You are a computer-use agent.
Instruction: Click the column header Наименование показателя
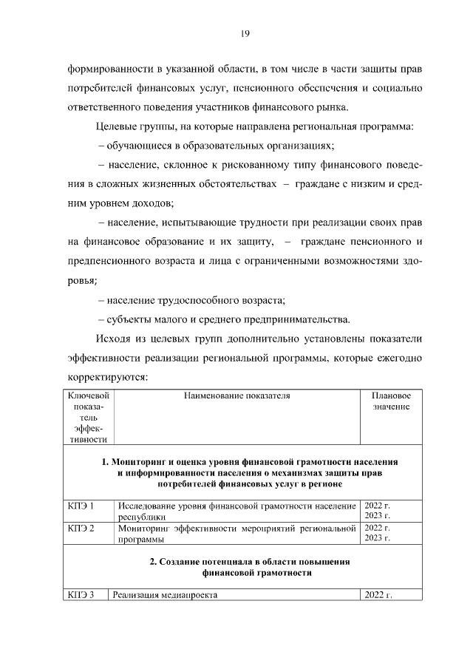236,397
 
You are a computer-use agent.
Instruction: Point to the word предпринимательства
299,319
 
